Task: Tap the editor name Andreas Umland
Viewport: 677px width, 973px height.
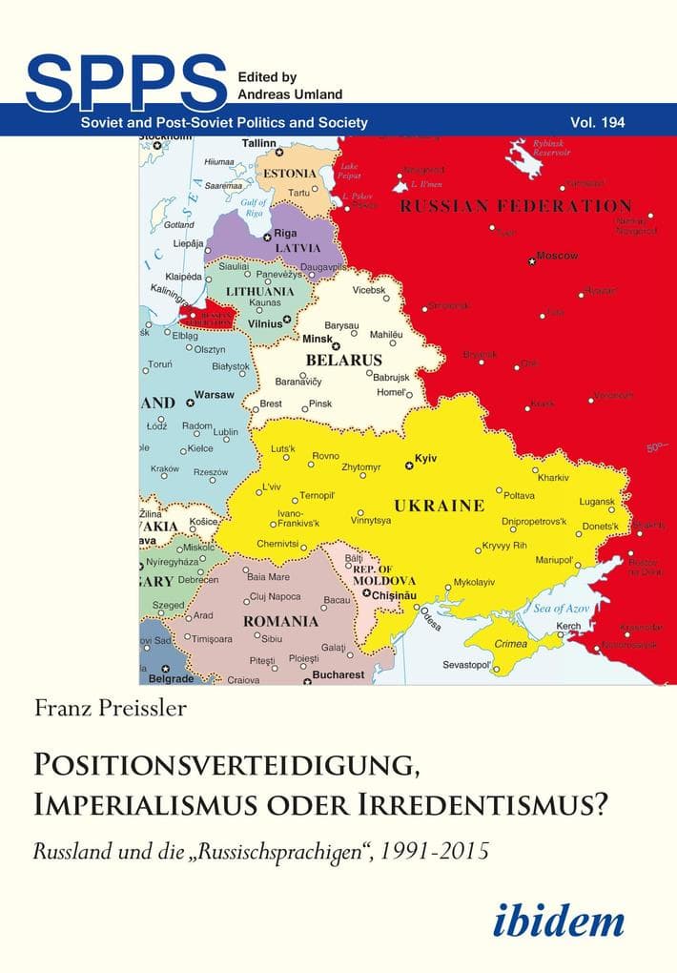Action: (x=285, y=93)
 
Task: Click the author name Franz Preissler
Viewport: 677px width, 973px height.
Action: (x=112, y=706)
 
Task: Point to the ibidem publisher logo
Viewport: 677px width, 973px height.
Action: (x=559, y=920)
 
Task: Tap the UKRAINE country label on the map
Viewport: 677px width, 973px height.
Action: (x=440, y=506)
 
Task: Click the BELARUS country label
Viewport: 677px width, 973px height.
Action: (x=343, y=361)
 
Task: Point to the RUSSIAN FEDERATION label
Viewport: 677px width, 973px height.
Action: (x=515, y=206)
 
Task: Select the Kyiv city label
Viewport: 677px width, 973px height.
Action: (x=425, y=459)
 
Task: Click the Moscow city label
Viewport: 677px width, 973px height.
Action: (x=557, y=256)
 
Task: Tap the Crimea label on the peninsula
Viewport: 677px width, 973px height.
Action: (x=511, y=644)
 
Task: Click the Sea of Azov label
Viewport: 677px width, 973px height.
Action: (x=562, y=608)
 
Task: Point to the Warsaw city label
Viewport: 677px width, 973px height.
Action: (x=214, y=394)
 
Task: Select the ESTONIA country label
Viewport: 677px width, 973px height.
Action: (x=290, y=174)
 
